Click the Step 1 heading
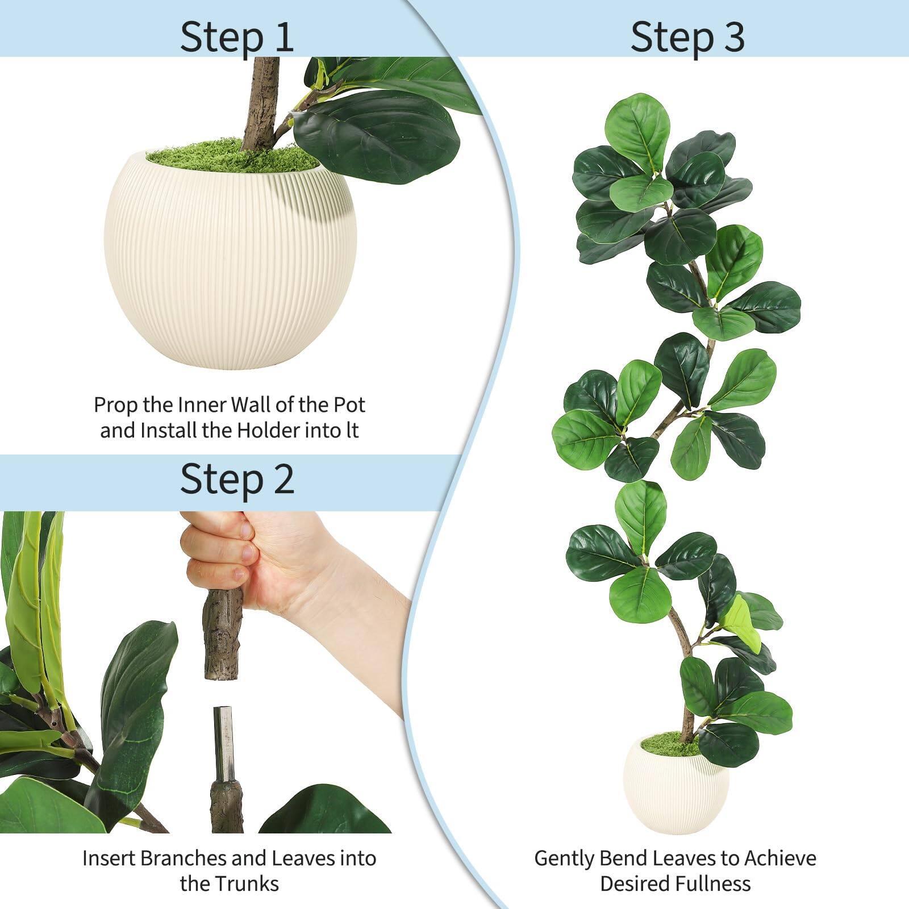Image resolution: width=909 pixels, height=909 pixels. (237, 37)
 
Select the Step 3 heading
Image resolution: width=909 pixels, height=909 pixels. (687, 37)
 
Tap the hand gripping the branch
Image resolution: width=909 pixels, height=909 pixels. (267, 562)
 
